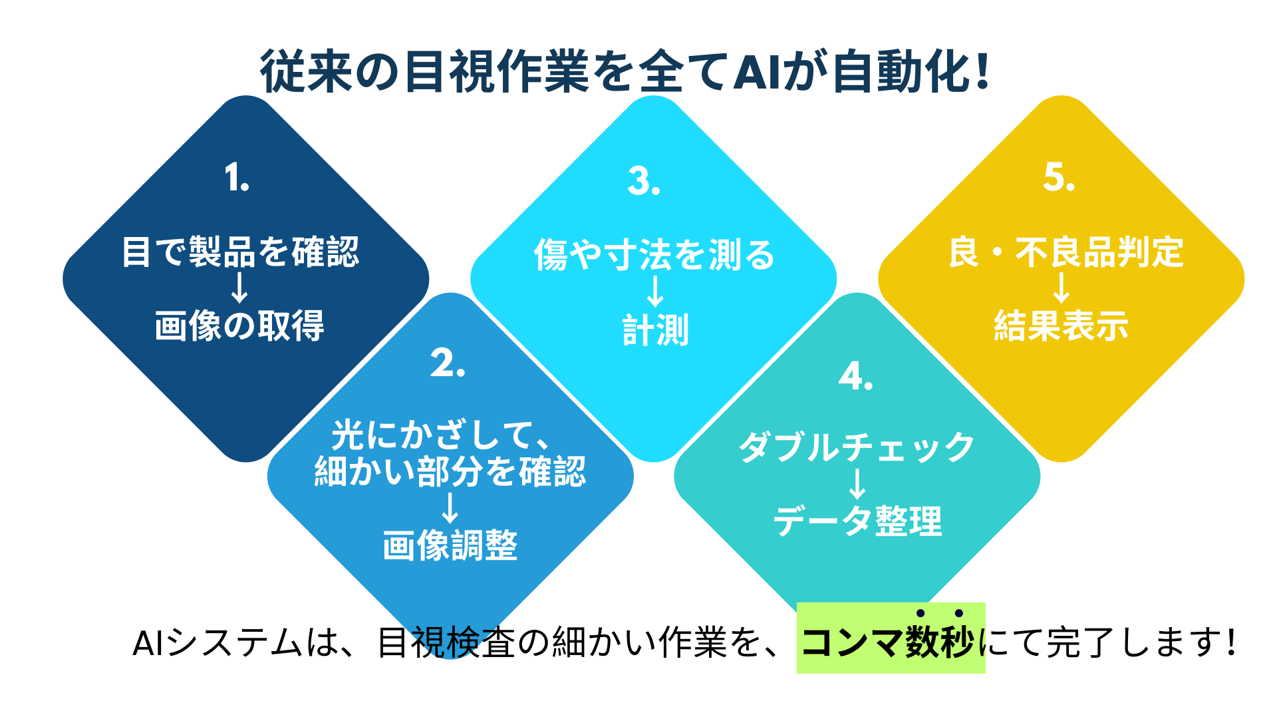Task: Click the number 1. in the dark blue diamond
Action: pos(237,178)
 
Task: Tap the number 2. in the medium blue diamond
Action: pos(448,363)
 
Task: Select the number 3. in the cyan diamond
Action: pos(644,181)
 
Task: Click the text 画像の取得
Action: pos(239,326)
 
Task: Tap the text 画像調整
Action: pos(450,545)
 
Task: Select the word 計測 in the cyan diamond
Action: pos(656,330)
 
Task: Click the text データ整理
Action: pos(858,521)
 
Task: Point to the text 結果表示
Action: pos(1062,326)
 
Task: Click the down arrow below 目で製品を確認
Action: pos(239,288)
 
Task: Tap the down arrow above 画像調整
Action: pos(450,508)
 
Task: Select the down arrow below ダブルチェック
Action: pos(858,484)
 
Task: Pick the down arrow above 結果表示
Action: pos(1062,288)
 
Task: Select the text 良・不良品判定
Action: pos(1066,252)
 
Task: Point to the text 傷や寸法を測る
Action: pos(655,255)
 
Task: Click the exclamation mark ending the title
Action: pos(983,71)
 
